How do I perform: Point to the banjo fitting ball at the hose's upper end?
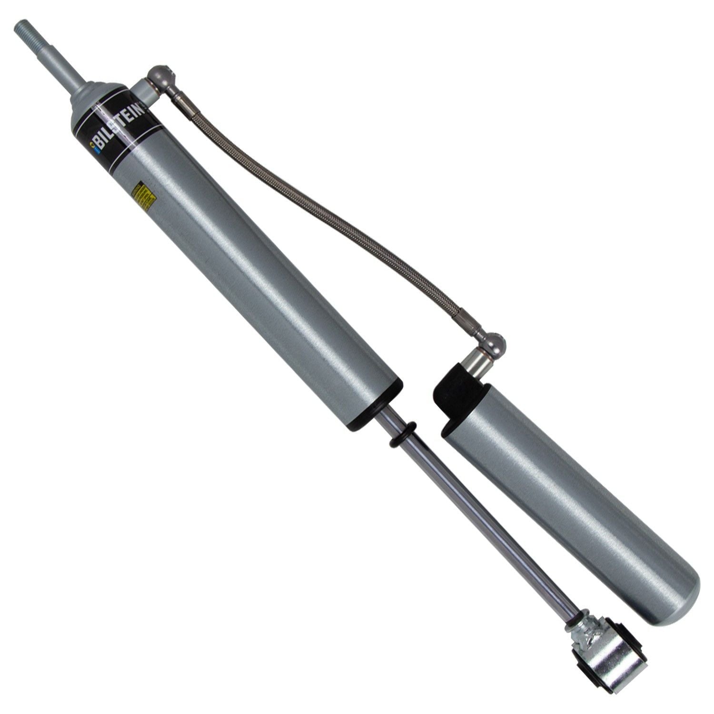158,75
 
